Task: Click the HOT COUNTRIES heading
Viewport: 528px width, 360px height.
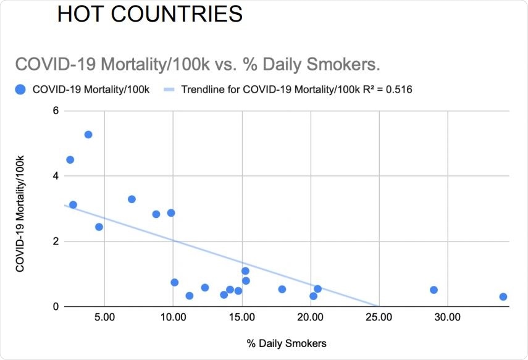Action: coord(149,14)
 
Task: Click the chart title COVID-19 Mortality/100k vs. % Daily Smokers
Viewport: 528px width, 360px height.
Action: coord(197,64)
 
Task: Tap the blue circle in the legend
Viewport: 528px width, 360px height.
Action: coord(20,90)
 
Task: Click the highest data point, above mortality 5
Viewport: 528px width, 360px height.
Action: coord(88,135)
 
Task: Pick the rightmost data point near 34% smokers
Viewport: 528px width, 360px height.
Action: coord(503,296)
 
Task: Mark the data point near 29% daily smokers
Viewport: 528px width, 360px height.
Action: coord(434,290)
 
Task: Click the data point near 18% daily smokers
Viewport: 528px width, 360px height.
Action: coord(282,289)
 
